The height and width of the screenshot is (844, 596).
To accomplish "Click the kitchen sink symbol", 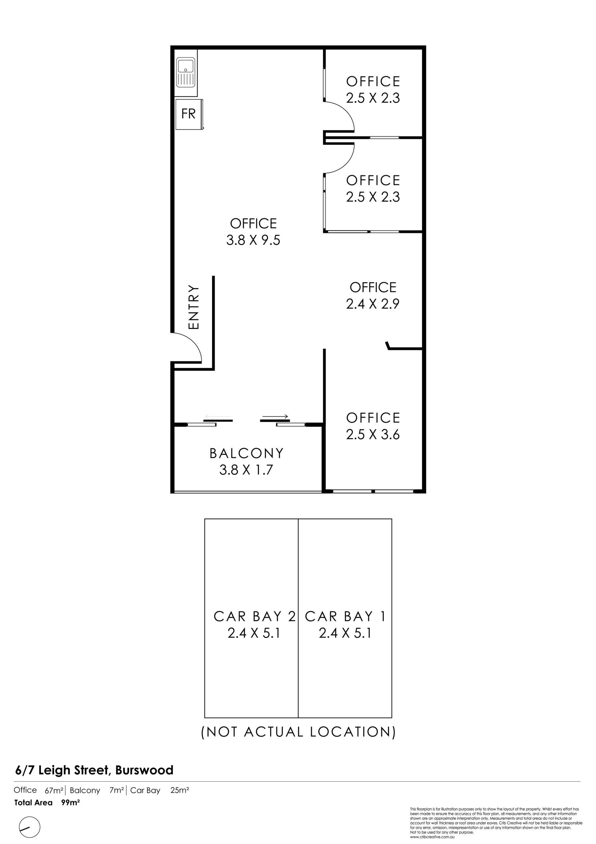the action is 186,73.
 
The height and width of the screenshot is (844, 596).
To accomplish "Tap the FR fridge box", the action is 189,114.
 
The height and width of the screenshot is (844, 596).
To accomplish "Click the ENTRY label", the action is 193,307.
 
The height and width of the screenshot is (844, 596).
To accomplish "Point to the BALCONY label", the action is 246,453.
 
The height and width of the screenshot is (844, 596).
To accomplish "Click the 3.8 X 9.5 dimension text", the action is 253,240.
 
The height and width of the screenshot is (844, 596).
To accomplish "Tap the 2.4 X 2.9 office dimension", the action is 373,304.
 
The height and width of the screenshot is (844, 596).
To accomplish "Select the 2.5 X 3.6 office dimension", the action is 373,434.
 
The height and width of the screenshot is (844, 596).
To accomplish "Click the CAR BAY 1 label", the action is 345,617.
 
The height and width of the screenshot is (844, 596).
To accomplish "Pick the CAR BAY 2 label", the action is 254,617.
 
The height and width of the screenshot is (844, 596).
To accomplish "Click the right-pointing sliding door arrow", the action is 275,416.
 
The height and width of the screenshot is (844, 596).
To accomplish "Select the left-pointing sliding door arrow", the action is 217,416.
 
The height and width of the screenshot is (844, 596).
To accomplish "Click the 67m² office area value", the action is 54,791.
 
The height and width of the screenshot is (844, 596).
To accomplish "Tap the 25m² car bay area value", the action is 180,790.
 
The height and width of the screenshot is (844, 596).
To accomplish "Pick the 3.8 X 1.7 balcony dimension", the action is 246,470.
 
